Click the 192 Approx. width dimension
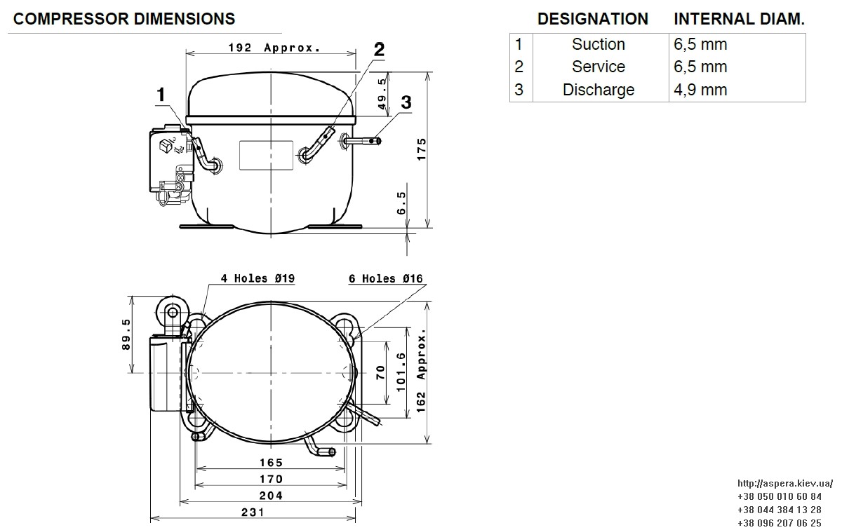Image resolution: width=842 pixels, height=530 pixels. (x=274, y=48)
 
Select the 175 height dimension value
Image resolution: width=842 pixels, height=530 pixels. (x=422, y=149)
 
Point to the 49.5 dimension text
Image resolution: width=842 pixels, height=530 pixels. (x=382, y=94)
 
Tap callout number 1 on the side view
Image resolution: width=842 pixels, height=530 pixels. (x=161, y=94)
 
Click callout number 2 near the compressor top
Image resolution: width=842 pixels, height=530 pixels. (x=379, y=50)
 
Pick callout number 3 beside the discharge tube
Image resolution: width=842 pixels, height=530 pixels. (x=406, y=102)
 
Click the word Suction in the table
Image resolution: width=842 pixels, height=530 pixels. (x=599, y=44)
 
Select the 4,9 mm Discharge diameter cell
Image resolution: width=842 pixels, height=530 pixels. (x=700, y=90)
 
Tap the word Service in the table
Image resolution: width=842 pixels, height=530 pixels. (x=599, y=67)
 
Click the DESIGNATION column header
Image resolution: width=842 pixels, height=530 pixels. (x=593, y=19)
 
